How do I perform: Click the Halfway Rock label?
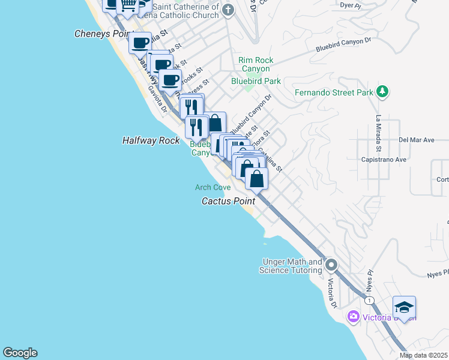pyautogui.click(x=151, y=140)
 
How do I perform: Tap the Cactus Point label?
pyautogui.click(x=228, y=201)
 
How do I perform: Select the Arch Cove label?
pyautogui.click(x=212, y=188)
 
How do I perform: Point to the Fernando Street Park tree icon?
pyautogui.click(x=381, y=92)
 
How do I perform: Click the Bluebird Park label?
pyautogui.click(x=256, y=81)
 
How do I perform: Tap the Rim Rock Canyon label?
pyautogui.click(x=255, y=64)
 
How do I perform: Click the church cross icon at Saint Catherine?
pyautogui.click(x=228, y=10)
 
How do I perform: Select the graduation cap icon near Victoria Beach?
pyautogui.click(x=404, y=308)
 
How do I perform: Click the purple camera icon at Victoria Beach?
pyautogui.click(x=353, y=316)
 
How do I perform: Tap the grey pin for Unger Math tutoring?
pyautogui.click(x=331, y=265)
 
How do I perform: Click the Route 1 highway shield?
pyautogui.click(x=370, y=300)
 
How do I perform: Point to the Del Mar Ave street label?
pyautogui.click(x=416, y=140)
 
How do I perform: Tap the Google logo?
pyautogui.click(x=20, y=353)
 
